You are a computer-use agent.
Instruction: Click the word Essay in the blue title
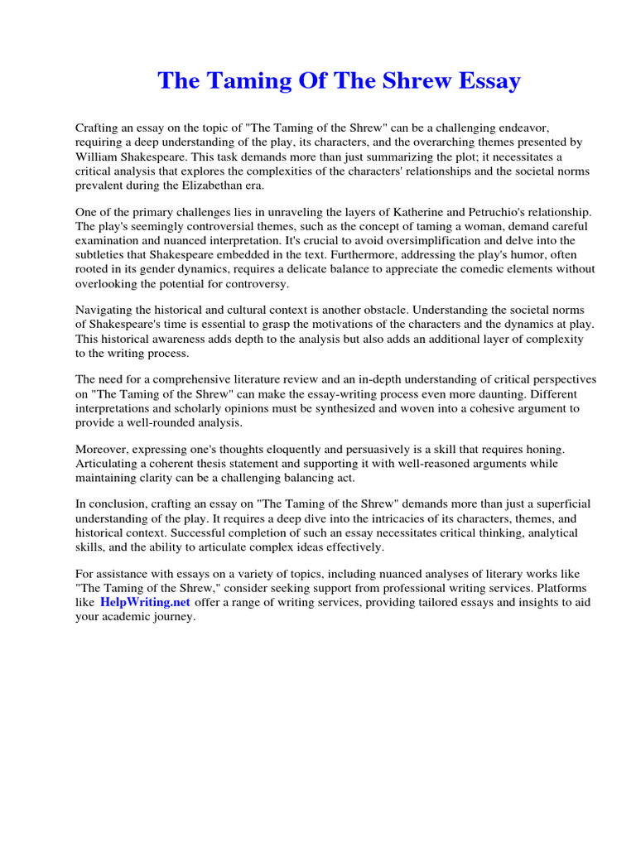484,81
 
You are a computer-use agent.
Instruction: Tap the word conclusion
118,504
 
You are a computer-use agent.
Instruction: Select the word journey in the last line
171,616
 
